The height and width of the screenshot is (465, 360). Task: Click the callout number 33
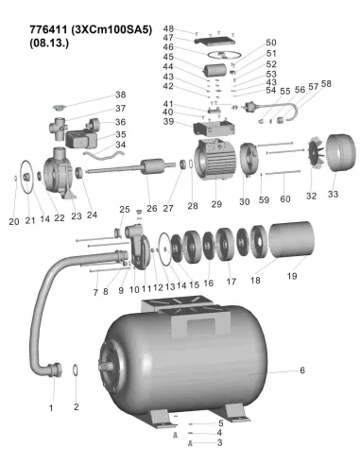click(x=332, y=194)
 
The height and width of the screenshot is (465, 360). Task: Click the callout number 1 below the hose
click(x=51, y=407)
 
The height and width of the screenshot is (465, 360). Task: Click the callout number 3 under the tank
click(x=220, y=442)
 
